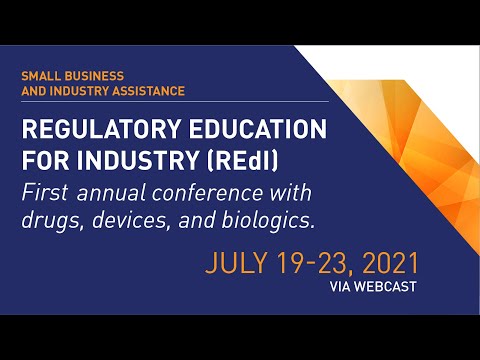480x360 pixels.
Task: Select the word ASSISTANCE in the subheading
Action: click(148, 91)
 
